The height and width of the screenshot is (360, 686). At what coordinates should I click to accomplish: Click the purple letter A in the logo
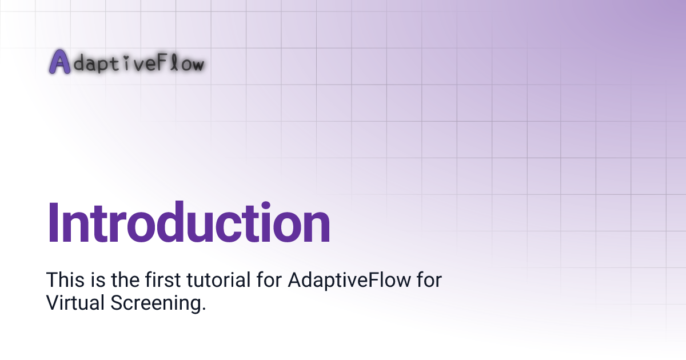59,62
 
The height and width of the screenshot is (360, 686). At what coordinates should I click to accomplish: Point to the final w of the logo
196,64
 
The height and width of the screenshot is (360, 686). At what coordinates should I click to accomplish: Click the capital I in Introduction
53,223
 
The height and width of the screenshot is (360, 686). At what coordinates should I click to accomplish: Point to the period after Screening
203,309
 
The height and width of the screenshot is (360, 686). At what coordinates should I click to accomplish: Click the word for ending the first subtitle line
428,280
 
